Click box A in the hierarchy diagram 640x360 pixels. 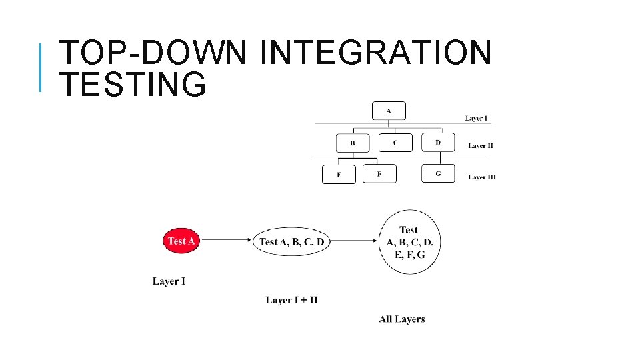tap(389, 111)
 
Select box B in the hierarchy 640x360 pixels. tap(353, 143)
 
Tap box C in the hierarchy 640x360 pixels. tap(395, 143)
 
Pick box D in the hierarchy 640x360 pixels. tap(438, 143)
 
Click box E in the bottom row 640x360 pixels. tap(339, 175)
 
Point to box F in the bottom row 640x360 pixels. tap(379, 174)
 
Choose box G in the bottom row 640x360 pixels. tap(438, 173)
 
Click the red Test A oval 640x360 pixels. tap(181, 241)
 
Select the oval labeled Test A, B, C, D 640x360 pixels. tap(292, 241)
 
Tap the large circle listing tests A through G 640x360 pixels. tap(409, 242)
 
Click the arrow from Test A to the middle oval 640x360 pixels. tap(226, 241)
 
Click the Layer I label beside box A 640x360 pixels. tap(476, 119)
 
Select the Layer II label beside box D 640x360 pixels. tap(481, 145)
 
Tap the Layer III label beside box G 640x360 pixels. tap(481, 177)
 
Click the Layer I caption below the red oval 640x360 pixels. tap(169, 281)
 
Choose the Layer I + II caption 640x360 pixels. tap(291, 300)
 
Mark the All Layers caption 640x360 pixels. tap(401, 319)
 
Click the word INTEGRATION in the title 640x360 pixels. tap(375, 53)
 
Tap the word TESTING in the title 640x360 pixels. tap(133, 85)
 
